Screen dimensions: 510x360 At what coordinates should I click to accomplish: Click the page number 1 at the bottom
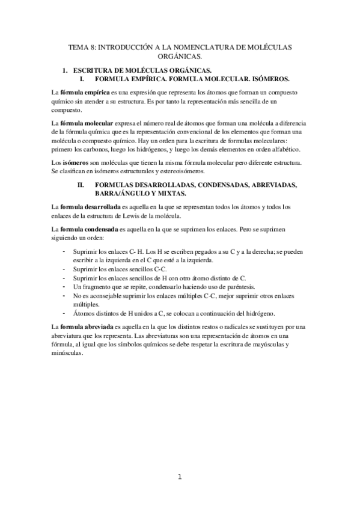[180, 478]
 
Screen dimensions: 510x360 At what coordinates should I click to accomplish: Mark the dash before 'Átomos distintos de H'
[64, 313]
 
